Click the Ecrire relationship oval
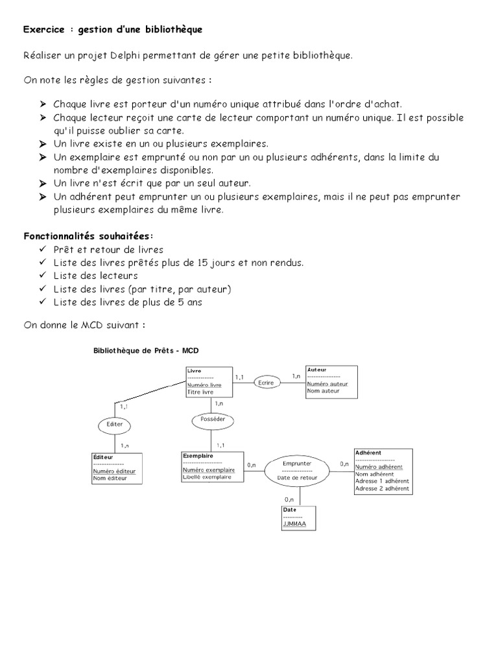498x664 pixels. click(x=267, y=383)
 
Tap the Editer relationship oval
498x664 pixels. click(x=114, y=425)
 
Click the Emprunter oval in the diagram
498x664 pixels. click(x=298, y=470)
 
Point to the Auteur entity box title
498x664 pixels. click(x=317, y=369)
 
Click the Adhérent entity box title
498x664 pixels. click(x=368, y=452)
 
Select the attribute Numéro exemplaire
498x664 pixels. click(x=209, y=469)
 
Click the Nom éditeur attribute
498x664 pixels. click(x=108, y=479)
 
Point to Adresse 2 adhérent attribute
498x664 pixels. click(x=382, y=488)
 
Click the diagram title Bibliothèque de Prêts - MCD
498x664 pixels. click(x=146, y=350)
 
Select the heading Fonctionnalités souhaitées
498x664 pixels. click(x=89, y=235)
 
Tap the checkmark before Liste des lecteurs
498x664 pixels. click(x=42, y=276)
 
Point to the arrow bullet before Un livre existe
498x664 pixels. click(x=42, y=143)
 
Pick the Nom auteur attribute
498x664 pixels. click(x=324, y=391)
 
